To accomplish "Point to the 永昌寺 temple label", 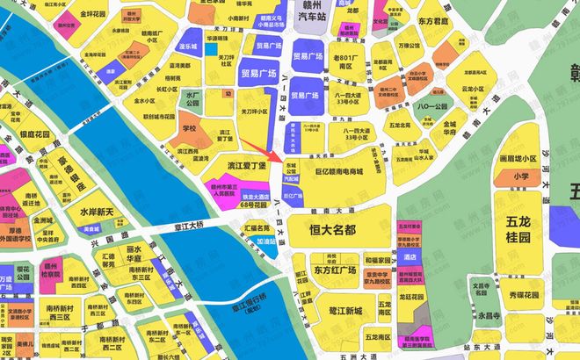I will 488,314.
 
